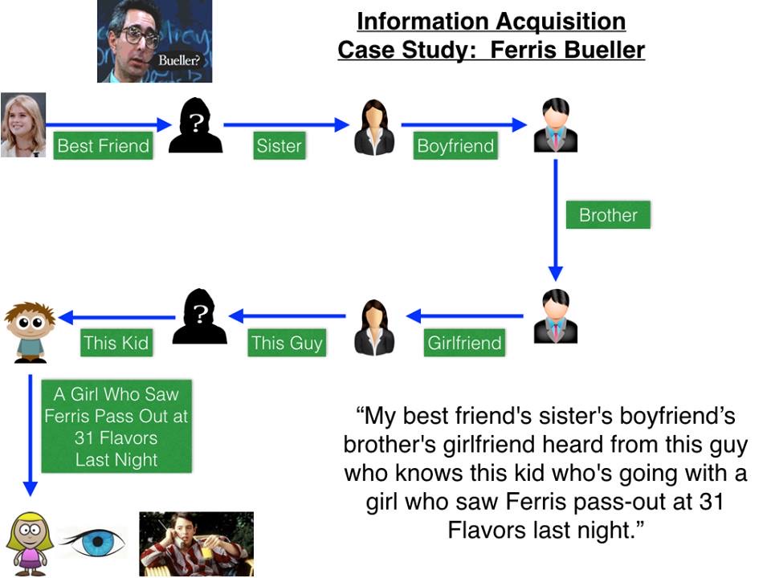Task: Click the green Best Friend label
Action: pyautogui.click(x=103, y=145)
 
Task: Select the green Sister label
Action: pyautogui.click(x=279, y=145)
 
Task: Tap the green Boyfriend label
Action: pyautogui.click(x=455, y=145)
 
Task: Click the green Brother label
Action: pyautogui.click(x=608, y=215)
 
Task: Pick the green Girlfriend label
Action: pyautogui.click(x=464, y=343)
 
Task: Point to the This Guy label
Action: pyautogui.click(x=287, y=343)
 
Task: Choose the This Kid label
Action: pyautogui.click(x=116, y=343)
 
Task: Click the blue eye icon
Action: pyautogui.click(x=94, y=543)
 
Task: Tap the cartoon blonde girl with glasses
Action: pyautogui.click(x=30, y=543)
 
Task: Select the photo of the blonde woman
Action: pyautogui.click(x=23, y=124)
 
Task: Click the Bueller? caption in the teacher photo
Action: pyautogui.click(x=178, y=60)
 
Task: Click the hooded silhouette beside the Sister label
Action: pyautogui.click(x=195, y=124)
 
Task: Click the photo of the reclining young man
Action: pyautogui.click(x=196, y=543)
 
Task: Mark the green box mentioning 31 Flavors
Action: pyautogui.click(x=116, y=427)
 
